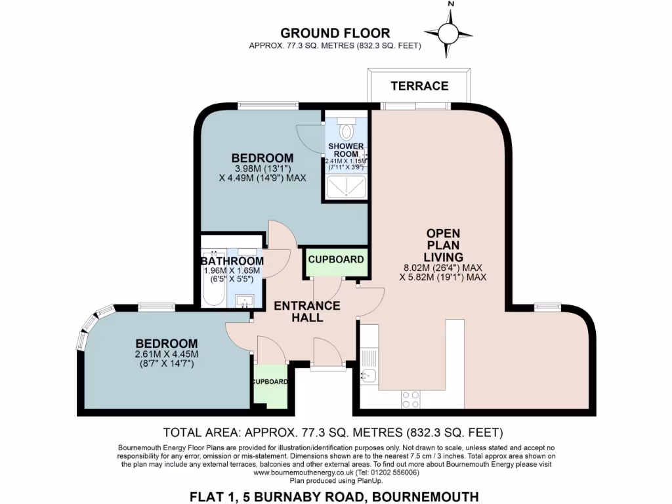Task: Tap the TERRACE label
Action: click(419, 86)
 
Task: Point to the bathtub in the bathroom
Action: click(213, 279)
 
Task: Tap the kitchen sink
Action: click(367, 376)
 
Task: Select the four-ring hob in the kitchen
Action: click(411, 399)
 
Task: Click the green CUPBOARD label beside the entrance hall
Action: click(336, 259)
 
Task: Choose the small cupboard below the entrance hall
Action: click(270, 387)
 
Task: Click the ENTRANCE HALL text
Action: click(307, 312)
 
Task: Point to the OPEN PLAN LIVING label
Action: click(444, 245)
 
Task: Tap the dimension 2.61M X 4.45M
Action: click(167, 354)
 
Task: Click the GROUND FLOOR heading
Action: click(335, 33)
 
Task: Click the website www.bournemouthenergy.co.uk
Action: click(304, 472)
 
